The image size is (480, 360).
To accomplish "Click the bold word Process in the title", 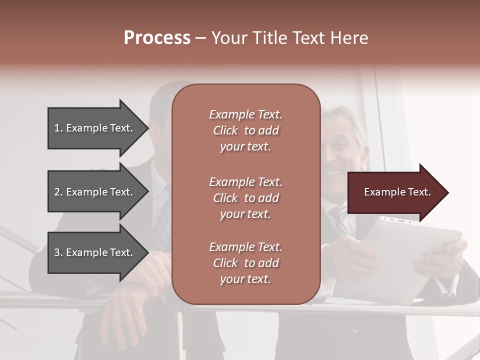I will (x=157, y=38).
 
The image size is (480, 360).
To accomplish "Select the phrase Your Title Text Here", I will (x=290, y=38).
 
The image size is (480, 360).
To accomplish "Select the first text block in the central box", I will (x=245, y=130).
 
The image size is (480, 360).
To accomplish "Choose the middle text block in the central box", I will (x=245, y=198).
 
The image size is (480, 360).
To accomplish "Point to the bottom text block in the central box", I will (x=245, y=263).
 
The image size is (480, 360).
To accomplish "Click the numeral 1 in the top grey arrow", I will (x=57, y=128).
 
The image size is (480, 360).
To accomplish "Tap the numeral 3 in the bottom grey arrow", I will (x=57, y=252).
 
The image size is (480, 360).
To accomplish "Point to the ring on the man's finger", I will (x=353, y=266).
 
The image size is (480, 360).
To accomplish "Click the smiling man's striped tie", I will (x=338, y=217).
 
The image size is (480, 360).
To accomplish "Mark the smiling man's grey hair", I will (x=345, y=117).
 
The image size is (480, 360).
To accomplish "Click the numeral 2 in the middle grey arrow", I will (x=57, y=192).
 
